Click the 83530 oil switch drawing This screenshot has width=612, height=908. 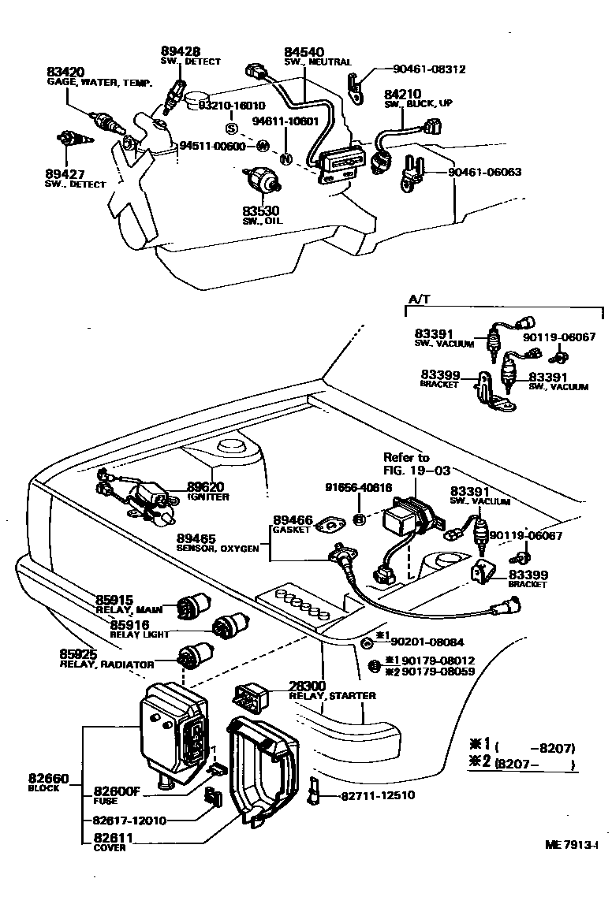(264, 182)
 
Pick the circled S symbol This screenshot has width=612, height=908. (232, 128)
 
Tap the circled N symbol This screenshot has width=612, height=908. (286, 158)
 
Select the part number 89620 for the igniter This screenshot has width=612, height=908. (205, 487)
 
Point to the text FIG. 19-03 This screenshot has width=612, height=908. (417, 471)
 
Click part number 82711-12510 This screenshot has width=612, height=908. (378, 796)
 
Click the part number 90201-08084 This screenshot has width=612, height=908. (430, 642)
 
